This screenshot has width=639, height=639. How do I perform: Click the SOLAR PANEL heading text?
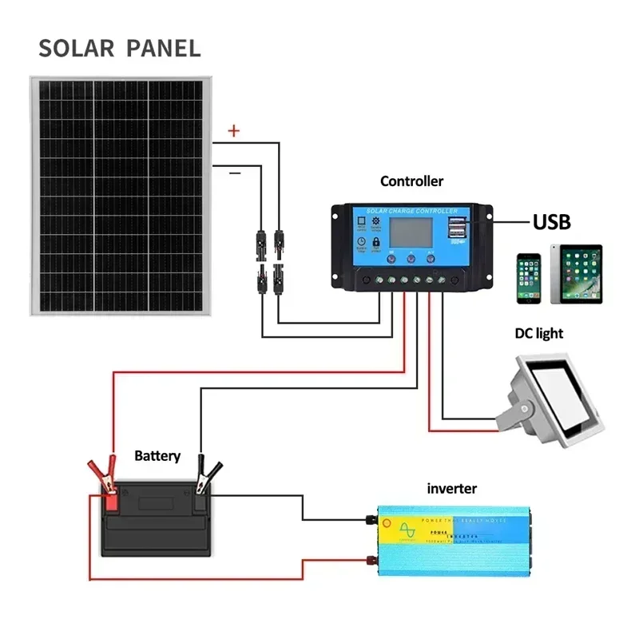point(120,47)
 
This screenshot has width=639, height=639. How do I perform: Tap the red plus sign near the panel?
point(233,131)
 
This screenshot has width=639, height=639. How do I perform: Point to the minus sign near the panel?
point(234,172)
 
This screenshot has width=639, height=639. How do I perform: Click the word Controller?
point(411,181)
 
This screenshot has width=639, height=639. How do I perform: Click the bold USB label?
point(552,221)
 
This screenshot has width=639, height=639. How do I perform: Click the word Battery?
point(157,456)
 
